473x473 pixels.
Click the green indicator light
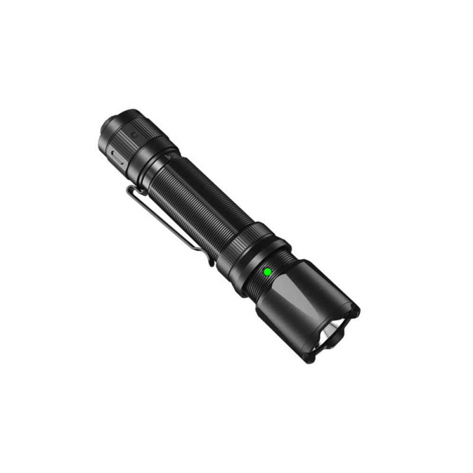267,272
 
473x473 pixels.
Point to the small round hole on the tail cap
134,135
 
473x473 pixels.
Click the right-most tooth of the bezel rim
356,310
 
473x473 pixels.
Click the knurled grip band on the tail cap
124,142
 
